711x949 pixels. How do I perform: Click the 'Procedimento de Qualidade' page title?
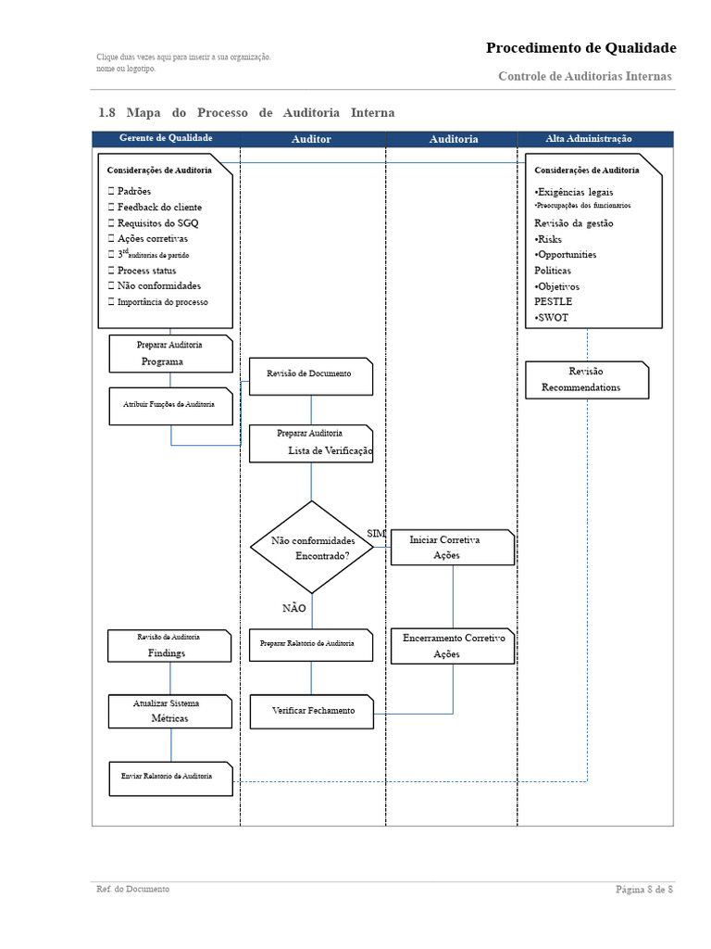click(580, 48)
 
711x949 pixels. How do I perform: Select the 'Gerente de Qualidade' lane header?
click(166, 138)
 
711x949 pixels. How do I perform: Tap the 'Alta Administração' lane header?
click(589, 139)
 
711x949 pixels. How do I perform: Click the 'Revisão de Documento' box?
click(310, 375)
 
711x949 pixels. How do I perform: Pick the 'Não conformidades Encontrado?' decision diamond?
click(312, 548)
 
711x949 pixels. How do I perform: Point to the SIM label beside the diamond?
click(376, 534)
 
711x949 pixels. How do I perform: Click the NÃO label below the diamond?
click(293, 608)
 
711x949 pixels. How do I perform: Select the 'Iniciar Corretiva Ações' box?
click(452, 547)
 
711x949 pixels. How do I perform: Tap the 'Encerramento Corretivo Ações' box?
click(452, 646)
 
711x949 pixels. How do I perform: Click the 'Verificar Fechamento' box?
click(312, 711)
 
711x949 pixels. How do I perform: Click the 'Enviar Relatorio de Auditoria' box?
click(170, 778)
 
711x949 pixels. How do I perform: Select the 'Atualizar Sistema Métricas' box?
click(169, 711)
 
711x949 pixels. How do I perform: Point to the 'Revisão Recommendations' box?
click(586, 380)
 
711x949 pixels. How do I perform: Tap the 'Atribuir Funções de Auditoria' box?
click(170, 406)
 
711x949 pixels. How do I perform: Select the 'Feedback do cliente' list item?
click(158, 208)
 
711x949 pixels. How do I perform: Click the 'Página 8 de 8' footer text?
click(644, 890)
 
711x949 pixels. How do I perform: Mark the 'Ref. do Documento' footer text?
click(133, 890)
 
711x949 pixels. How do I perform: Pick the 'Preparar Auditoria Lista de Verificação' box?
click(311, 443)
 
